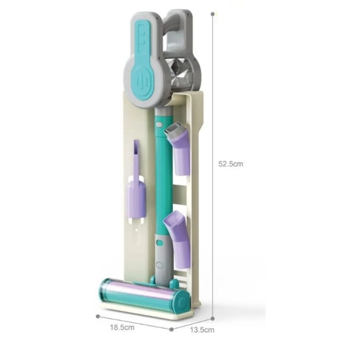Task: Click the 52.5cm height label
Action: pyautogui.click(x=230, y=164)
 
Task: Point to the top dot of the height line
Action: pyautogui.click(x=212, y=14)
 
